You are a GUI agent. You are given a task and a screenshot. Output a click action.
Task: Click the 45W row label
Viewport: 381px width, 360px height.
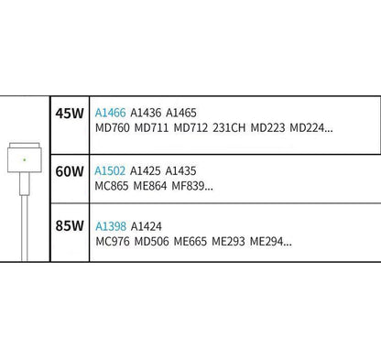pos(70,114)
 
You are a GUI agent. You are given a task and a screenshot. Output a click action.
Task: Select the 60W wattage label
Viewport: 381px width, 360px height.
pos(70,171)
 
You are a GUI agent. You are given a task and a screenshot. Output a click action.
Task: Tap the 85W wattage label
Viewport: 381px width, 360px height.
pos(70,226)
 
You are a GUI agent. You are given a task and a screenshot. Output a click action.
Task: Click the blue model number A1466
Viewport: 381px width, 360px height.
pos(110,113)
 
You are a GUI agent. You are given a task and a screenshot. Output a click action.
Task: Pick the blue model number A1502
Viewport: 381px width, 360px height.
pos(110,170)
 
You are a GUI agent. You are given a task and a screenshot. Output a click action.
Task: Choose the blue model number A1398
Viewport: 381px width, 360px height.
pos(111,226)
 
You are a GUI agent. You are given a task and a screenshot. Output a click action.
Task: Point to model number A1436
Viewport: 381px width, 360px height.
pos(146,113)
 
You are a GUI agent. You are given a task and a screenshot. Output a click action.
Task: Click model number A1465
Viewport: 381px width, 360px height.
pos(181,113)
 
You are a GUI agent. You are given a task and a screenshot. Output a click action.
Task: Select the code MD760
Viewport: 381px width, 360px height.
pos(113,127)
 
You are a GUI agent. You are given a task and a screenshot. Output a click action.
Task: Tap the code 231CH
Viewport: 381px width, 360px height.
pos(229,127)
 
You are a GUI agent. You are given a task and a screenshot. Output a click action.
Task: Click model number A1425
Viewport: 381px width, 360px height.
pos(146,170)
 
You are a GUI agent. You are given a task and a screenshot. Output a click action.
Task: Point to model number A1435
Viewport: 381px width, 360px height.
pos(180,170)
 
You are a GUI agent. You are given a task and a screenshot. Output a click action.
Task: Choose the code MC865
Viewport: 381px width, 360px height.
pos(112,186)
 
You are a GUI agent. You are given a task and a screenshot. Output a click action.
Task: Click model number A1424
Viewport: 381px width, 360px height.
pos(147,226)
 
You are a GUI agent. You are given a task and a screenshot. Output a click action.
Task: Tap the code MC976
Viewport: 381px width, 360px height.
pos(113,242)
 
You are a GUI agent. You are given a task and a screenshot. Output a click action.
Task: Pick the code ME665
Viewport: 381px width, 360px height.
pos(190,242)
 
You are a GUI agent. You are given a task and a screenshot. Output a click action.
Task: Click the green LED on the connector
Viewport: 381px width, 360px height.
pos(25,159)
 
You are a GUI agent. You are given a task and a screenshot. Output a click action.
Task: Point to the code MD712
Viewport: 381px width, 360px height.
pos(190,127)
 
